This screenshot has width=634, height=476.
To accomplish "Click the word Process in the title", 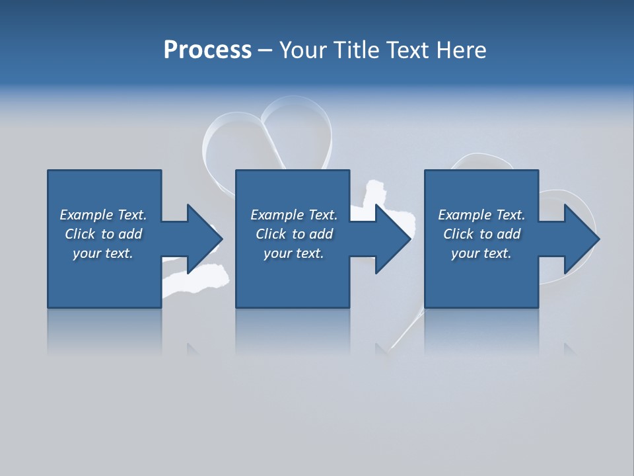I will click(x=207, y=50).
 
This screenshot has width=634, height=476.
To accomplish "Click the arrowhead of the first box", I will click(x=204, y=239).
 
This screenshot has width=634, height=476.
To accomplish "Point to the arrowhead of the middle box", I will click(x=393, y=239).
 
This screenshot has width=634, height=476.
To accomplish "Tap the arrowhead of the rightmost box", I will click(x=582, y=239).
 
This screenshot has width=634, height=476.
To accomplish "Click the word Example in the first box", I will click(x=87, y=215).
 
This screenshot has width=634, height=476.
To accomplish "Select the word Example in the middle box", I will click(x=277, y=215).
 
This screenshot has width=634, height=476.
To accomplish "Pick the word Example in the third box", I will click(x=465, y=215).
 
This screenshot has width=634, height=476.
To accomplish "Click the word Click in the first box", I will click(x=80, y=234).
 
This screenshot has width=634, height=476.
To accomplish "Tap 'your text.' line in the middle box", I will click(x=293, y=253).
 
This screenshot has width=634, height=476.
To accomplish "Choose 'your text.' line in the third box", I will click(x=481, y=253).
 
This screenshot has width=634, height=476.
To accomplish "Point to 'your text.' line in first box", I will click(x=102, y=253).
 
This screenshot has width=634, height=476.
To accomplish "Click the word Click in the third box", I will click(x=458, y=234).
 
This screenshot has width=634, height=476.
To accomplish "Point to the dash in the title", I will click(x=265, y=50).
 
